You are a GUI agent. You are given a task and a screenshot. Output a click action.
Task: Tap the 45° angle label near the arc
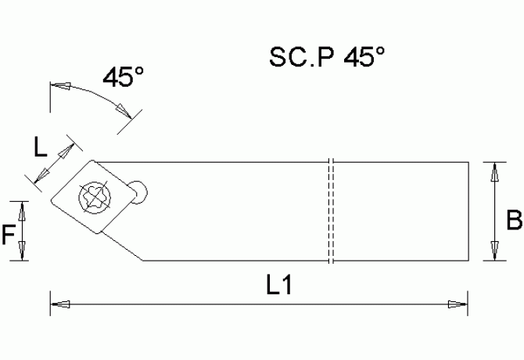[x=123, y=77]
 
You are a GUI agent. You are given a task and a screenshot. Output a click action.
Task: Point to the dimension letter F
[x=9, y=232]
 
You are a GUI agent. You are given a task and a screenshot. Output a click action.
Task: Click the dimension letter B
[x=513, y=221]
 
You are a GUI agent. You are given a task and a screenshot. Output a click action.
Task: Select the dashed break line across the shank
[x=331, y=211]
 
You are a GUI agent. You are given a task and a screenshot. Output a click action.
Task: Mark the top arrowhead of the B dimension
[x=493, y=170]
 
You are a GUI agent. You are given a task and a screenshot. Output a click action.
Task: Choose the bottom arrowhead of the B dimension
[x=493, y=252]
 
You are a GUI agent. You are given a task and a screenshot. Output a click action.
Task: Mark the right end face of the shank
[x=468, y=211]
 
